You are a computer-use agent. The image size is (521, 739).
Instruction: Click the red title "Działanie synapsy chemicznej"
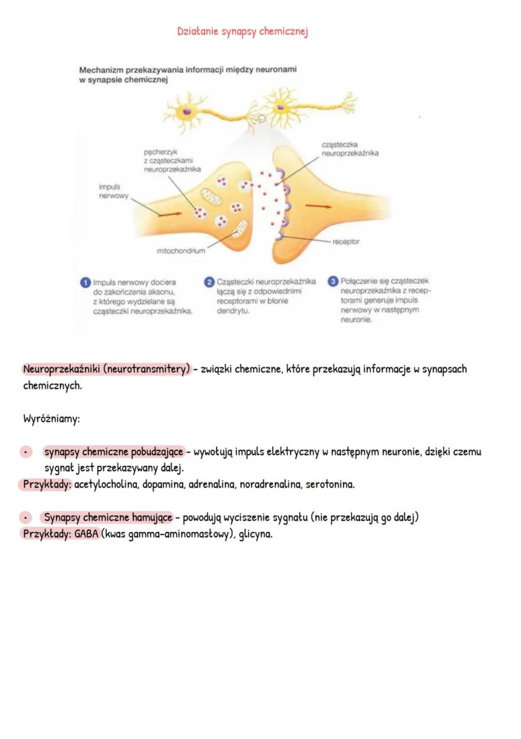242,32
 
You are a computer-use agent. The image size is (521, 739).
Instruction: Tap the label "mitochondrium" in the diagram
181,251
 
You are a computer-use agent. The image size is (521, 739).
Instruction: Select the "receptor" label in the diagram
345,242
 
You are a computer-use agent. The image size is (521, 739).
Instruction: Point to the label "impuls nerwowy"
113,191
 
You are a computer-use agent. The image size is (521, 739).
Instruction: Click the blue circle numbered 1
86,282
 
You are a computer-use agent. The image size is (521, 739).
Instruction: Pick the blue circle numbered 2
209,282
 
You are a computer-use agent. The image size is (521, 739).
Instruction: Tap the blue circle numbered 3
333,281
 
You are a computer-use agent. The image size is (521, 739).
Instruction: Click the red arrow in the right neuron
318,206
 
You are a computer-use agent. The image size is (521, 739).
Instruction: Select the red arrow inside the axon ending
170,214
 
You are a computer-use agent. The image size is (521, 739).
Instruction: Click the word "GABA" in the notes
86,534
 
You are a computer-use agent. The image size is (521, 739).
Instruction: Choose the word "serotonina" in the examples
330,484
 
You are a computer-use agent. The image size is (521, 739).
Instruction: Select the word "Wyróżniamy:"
52,418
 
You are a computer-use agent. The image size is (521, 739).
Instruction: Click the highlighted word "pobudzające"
157,452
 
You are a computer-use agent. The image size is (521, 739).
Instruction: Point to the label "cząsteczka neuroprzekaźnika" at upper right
350,148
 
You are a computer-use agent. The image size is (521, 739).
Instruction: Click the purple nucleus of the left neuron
187,112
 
